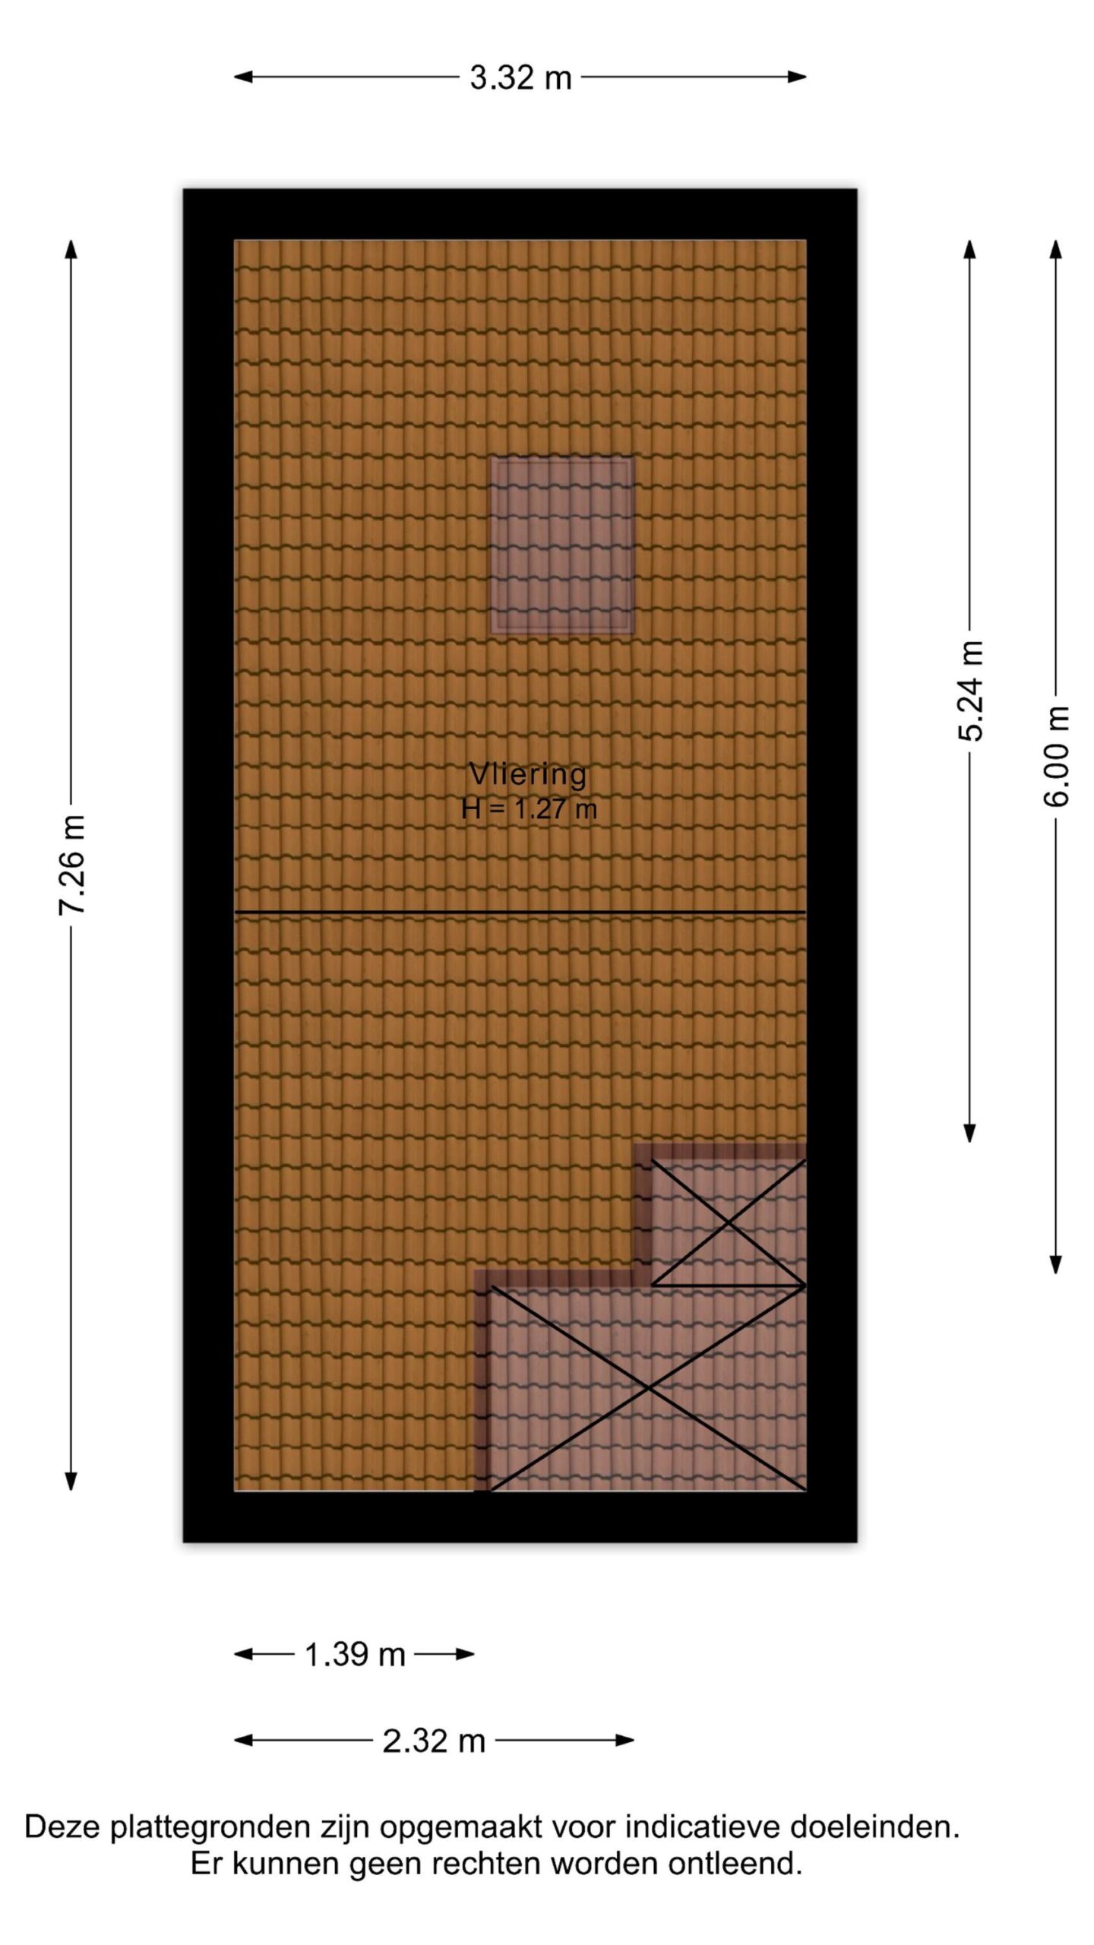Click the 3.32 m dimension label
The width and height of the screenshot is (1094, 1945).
pyautogui.click(x=520, y=77)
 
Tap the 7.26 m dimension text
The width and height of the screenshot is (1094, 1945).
pyautogui.click(x=73, y=865)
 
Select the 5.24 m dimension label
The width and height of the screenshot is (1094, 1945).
pyautogui.click(x=971, y=691)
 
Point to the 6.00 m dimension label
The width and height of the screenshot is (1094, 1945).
pyautogui.click(x=1056, y=757)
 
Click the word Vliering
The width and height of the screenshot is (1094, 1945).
pyautogui.click(x=528, y=774)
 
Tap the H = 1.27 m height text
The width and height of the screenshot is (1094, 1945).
pyautogui.click(x=529, y=808)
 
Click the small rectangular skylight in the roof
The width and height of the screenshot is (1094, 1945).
pyautogui.click(x=561, y=545)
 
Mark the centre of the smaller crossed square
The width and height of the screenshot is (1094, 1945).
pyautogui.click(x=729, y=1222)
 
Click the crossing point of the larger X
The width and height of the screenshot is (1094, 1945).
pyautogui.click(x=648, y=1388)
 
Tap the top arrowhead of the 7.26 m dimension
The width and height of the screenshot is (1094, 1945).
pyautogui.click(x=71, y=249)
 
